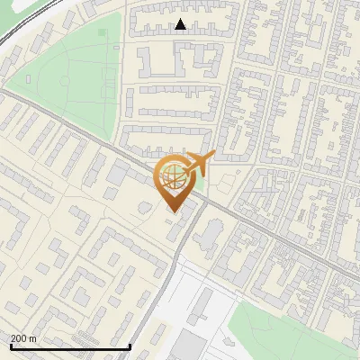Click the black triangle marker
coord(181,25)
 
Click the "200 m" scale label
coord(23,338)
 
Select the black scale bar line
coord(70,347)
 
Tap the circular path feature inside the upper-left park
coord(66,83)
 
